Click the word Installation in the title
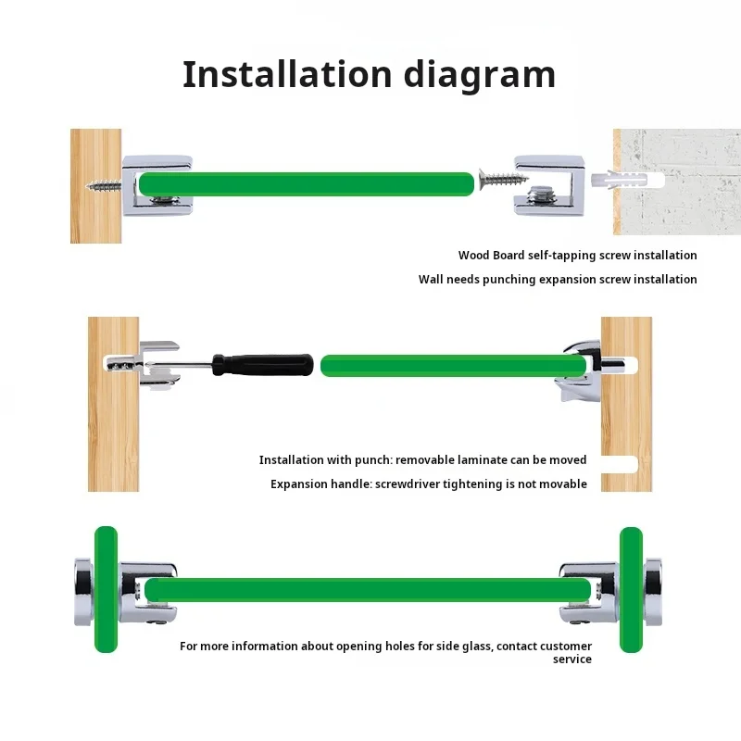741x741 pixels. pos(287,75)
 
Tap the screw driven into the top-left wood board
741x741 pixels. pos(104,184)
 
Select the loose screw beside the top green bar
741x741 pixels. pos(503,179)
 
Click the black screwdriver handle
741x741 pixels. pos(263,365)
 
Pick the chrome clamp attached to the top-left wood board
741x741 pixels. pos(157,184)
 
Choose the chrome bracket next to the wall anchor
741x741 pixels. pos(549,184)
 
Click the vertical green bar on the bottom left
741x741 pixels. pos(106,589)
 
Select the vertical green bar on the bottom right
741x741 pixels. pos(631,590)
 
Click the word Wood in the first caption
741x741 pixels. pos(474,256)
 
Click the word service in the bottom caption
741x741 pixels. pos(572,659)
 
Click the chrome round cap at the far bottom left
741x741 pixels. pos(84,592)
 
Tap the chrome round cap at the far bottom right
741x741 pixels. pos(653,592)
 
